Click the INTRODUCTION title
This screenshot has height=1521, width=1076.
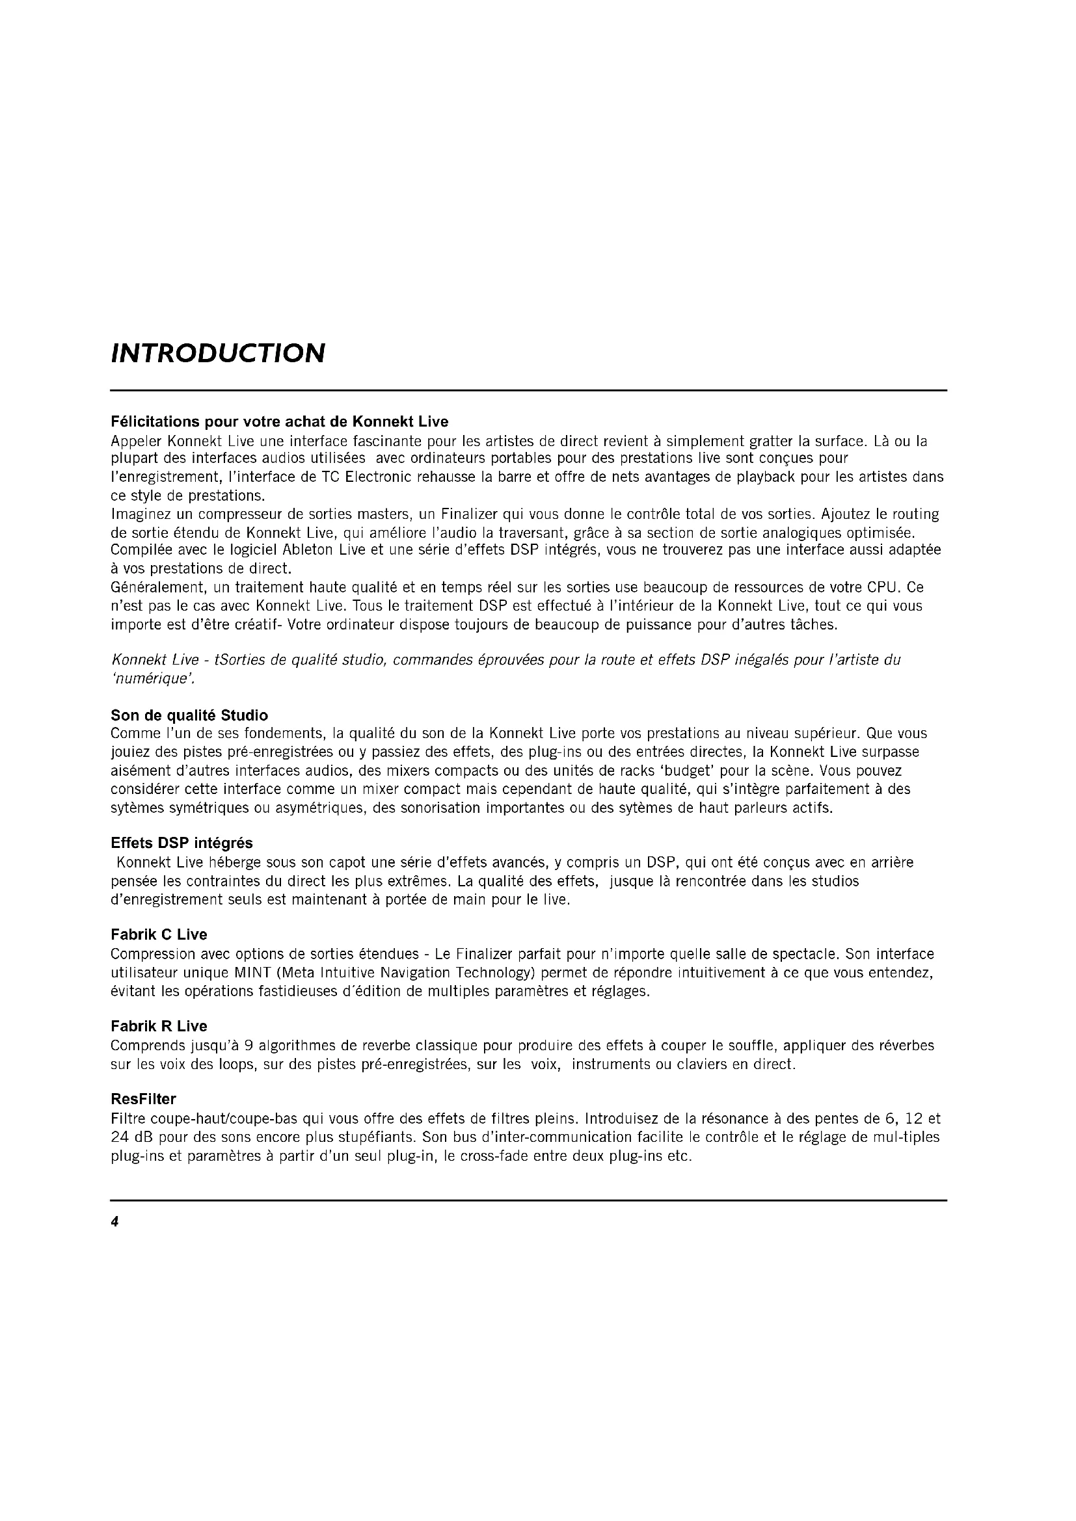point(218,353)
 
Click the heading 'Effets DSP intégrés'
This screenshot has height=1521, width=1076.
point(182,843)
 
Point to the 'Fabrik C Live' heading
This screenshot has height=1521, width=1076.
point(159,934)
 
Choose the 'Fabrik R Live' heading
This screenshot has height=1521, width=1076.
point(159,1026)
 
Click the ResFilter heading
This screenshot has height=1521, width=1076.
point(143,1099)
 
